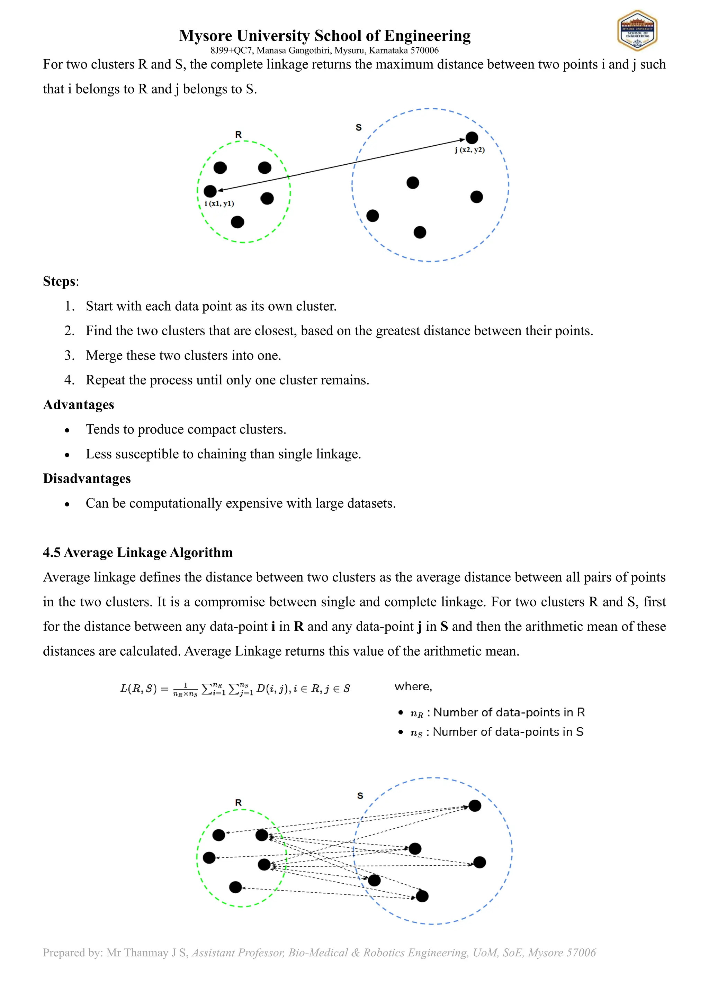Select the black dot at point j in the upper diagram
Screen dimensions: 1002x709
coord(472,138)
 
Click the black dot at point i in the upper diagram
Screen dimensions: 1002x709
coord(210,191)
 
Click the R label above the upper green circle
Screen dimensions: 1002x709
coord(239,135)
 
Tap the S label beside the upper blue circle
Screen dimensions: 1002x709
coord(358,127)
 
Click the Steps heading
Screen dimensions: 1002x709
coord(60,282)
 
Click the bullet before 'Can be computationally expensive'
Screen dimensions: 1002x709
coord(67,504)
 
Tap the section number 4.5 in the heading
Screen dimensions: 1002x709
coord(52,553)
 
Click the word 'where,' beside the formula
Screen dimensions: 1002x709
coord(413,686)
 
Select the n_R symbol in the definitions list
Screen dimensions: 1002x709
coord(416,713)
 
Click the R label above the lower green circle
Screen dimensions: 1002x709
coord(239,803)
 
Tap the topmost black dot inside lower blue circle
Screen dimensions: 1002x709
coord(475,805)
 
